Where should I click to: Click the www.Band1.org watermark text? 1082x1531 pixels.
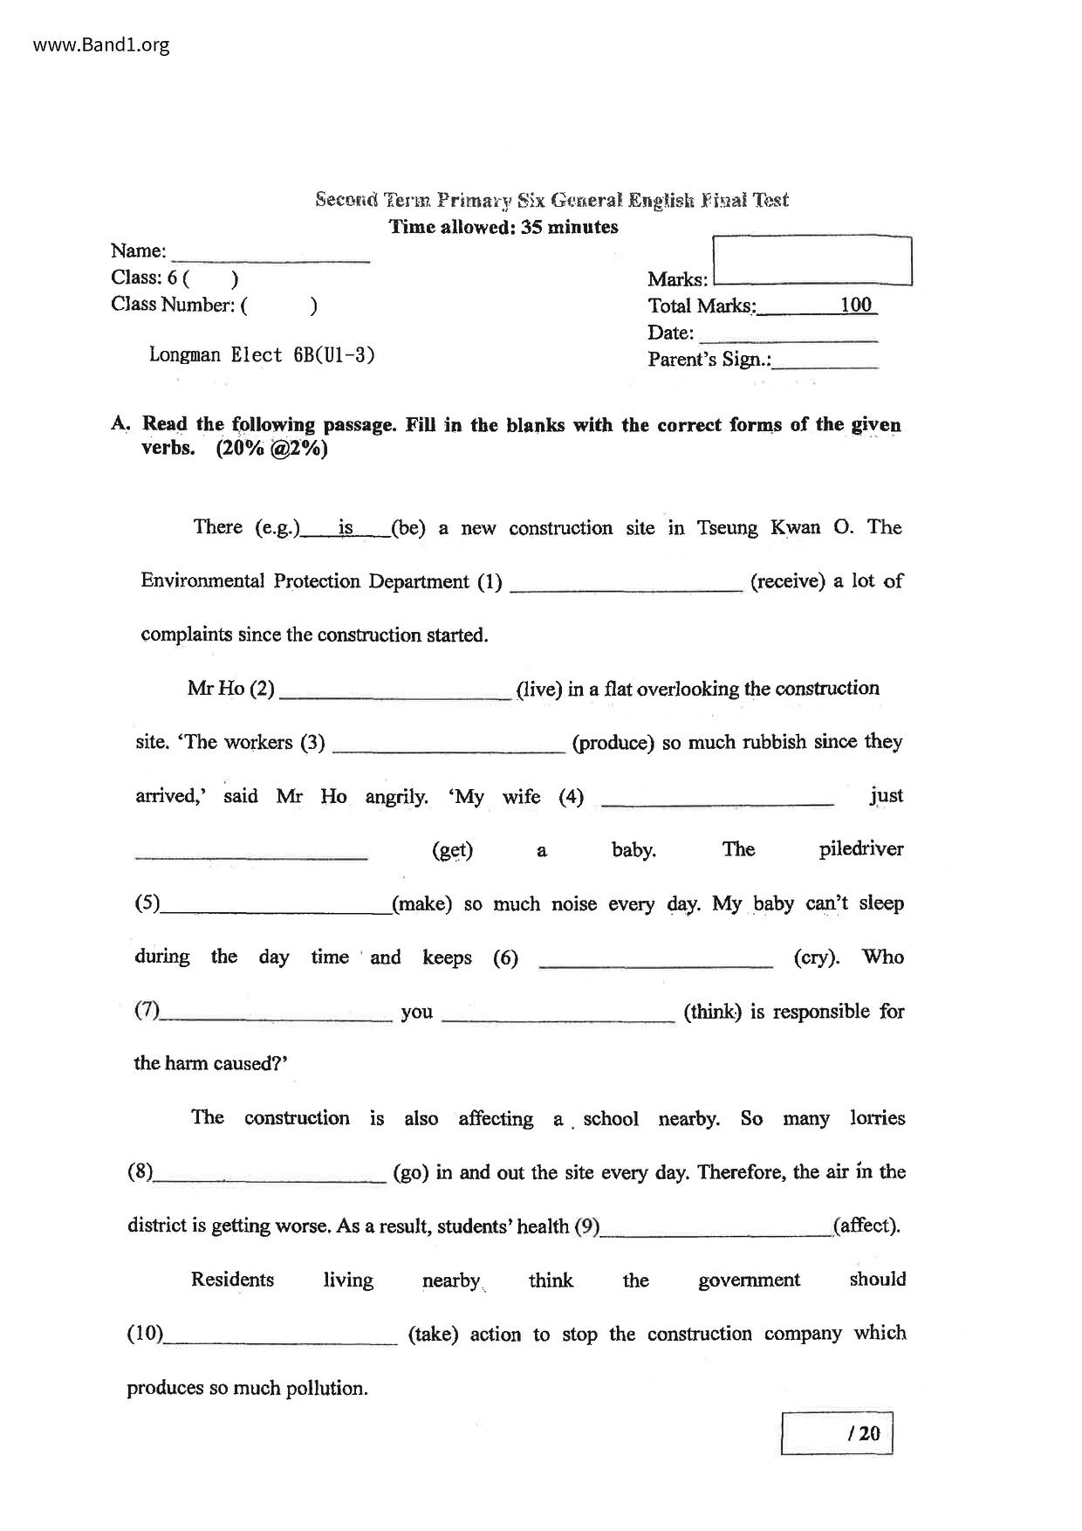click(101, 45)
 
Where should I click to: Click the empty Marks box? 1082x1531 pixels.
click(812, 260)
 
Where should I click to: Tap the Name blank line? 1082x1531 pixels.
click(271, 255)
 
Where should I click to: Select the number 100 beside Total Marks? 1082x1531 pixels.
click(856, 305)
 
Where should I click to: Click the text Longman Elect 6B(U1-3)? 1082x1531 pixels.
click(262, 355)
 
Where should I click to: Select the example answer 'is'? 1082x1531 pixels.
click(346, 527)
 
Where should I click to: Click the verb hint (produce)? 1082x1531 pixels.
click(613, 743)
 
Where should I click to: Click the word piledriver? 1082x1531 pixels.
click(860, 849)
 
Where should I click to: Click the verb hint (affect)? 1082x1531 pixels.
click(866, 1225)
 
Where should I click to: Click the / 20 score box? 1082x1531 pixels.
click(836, 1432)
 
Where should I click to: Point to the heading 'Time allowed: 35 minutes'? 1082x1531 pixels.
click(503, 227)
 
